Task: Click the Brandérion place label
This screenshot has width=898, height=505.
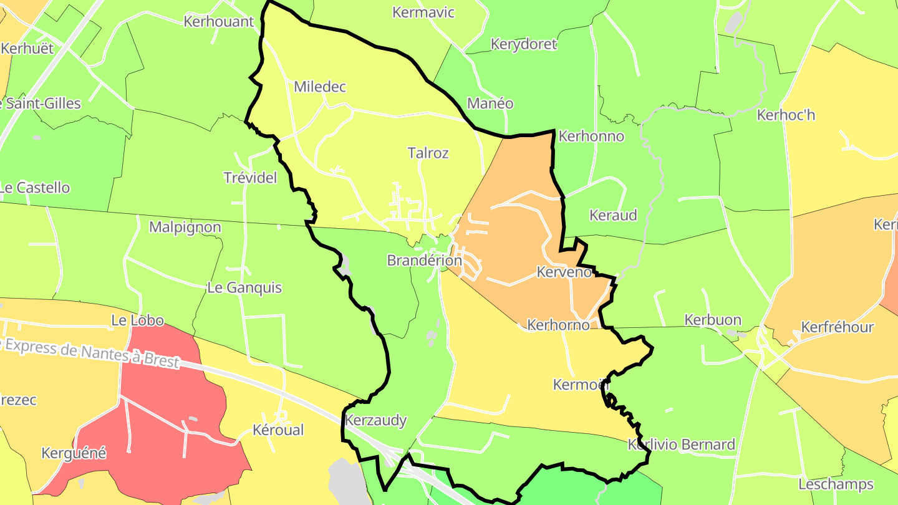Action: pos(424,261)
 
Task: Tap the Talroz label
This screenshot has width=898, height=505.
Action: pos(428,153)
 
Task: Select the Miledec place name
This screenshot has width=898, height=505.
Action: pos(319,87)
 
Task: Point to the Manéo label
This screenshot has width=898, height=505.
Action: pos(490,103)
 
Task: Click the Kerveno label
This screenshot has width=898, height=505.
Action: pos(564,272)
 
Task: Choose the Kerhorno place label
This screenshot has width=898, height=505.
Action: pos(558,325)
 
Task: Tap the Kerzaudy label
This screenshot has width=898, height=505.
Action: pos(376,420)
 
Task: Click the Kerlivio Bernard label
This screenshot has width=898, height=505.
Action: pos(682,445)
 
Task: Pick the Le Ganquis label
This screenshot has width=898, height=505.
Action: pos(244,288)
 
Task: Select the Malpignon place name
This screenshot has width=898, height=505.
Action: pos(185,227)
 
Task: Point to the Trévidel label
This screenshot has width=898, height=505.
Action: pos(250,178)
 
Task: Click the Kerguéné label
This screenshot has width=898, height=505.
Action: pos(74,453)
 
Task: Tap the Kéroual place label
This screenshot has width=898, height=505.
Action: pos(278,430)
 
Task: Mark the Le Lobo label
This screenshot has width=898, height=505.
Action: pos(137,320)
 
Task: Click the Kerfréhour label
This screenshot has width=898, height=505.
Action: pos(838,327)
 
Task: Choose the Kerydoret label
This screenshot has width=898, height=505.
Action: pos(523,44)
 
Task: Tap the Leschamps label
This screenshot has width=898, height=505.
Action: pos(836,484)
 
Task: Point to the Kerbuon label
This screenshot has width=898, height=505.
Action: pos(713,320)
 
